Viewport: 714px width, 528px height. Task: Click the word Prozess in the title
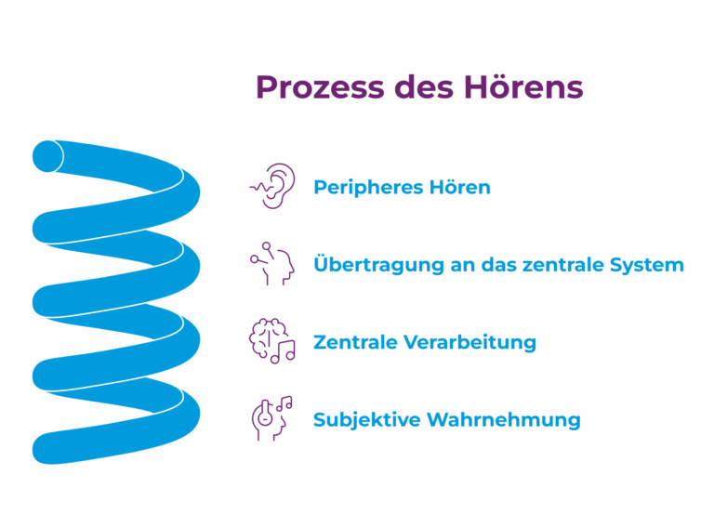(320, 87)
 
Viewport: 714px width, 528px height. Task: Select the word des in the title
(424, 87)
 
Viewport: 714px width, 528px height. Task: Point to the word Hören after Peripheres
(460, 187)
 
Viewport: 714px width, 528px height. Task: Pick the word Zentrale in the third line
(355, 342)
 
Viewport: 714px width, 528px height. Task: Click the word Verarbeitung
(470, 343)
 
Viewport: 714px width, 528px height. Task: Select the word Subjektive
(367, 420)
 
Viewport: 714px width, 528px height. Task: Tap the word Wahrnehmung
(504, 420)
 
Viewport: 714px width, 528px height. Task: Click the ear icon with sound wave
(272, 186)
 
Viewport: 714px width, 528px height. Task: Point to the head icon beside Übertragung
(272, 264)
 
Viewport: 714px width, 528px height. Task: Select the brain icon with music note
(272, 341)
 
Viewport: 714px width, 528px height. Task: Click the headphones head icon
(271, 418)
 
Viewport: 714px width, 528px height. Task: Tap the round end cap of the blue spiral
(47, 156)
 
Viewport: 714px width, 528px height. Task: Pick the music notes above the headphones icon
(284, 403)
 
